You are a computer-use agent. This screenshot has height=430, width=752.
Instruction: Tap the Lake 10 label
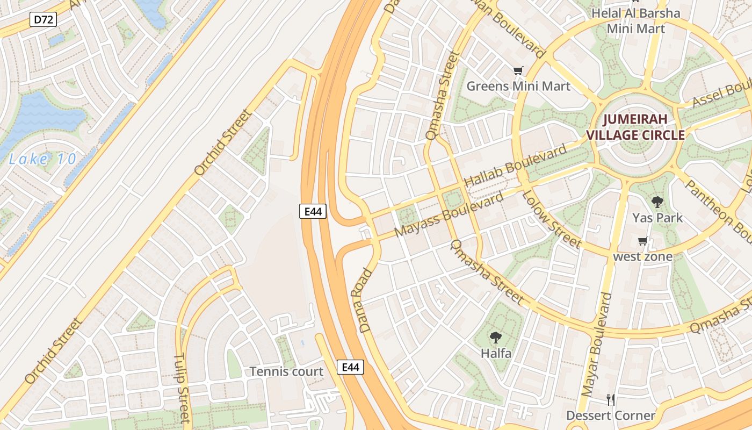(43, 159)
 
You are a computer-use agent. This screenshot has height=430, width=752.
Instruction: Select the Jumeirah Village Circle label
(635, 127)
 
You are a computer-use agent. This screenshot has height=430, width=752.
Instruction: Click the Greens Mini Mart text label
(518, 86)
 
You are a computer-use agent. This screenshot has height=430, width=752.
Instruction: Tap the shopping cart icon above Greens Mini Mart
(518, 71)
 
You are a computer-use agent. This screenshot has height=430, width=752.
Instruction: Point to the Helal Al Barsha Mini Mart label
(635, 20)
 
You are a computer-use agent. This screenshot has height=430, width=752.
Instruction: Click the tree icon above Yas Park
(657, 203)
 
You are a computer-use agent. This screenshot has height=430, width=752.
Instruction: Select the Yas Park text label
(657, 218)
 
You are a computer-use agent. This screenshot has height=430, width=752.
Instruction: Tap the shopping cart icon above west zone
(642, 241)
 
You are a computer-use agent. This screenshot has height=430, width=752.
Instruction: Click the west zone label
(642, 256)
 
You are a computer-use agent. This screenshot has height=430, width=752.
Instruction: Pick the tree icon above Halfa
(495, 338)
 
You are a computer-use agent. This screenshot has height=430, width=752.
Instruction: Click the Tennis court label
(287, 371)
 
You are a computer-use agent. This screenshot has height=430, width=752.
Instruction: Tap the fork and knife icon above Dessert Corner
(610, 400)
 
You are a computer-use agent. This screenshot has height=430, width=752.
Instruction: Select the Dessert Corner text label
(611, 415)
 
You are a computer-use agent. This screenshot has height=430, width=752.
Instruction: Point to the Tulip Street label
(183, 388)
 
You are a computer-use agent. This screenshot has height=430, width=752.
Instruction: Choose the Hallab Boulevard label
(515, 166)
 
